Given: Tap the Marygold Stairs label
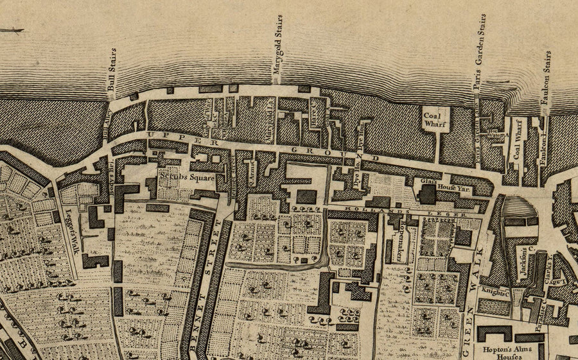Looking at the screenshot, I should (278, 49).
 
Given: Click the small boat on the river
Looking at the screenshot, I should (12, 30).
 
